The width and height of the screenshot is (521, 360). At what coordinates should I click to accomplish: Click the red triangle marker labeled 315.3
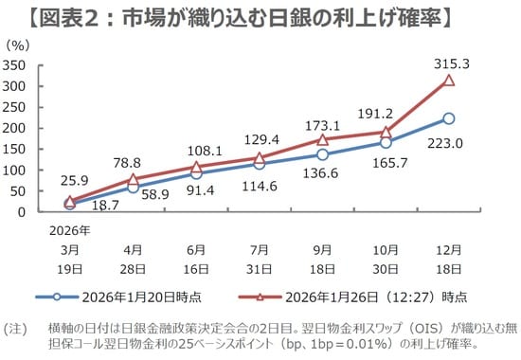(449, 81)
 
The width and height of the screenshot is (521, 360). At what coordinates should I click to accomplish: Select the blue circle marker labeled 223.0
(449, 118)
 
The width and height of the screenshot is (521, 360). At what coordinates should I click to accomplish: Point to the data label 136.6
(325, 173)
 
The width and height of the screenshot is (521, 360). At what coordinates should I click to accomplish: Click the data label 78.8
(132, 162)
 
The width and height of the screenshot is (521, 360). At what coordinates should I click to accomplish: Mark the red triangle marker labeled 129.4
(260, 158)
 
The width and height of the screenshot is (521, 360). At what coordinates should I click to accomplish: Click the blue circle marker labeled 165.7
(386, 142)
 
